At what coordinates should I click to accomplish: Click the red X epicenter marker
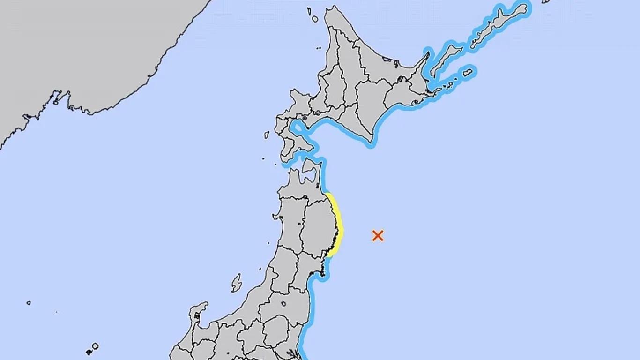tap(378, 235)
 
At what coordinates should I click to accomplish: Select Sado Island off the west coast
tap(236, 283)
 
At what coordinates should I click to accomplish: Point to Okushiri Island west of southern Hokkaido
tap(267, 135)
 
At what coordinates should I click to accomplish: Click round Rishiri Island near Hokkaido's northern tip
tap(315, 19)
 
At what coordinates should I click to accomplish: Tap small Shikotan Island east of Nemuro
tap(468, 73)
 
